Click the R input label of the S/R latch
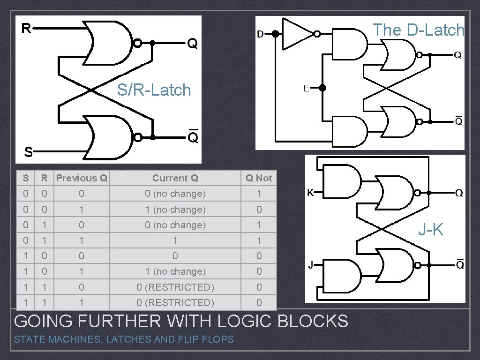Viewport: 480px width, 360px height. tap(26, 29)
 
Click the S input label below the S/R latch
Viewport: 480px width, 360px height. tap(29, 152)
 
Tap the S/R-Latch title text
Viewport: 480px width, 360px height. tap(154, 90)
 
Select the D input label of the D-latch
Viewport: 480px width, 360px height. tap(260, 34)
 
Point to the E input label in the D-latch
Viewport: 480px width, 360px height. tap(306, 88)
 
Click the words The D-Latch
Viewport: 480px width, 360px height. tap(418, 30)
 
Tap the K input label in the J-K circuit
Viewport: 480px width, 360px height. tap(310, 192)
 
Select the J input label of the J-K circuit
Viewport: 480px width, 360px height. tap(310, 265)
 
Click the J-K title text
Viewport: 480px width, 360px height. tap(430, 229)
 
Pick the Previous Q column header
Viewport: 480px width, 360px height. tap(82, 178)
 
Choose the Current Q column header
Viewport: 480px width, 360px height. tap(175, 178)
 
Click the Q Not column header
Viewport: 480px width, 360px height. tap(259, 178)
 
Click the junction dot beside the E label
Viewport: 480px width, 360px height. tap(322, 88)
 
